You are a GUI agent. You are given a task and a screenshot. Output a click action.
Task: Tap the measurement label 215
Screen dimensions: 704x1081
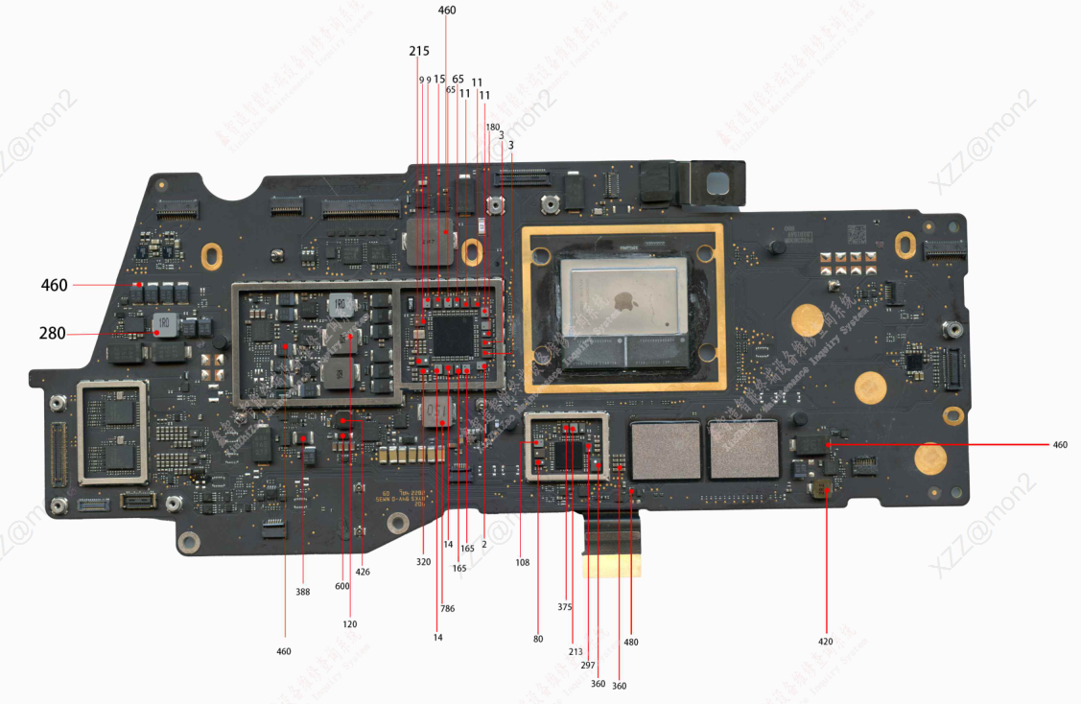tap(419, 50)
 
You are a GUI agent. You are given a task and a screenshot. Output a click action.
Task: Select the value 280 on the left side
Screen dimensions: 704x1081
tap(53, 333)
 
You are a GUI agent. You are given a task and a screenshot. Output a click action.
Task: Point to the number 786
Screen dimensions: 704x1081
tap(447, 608)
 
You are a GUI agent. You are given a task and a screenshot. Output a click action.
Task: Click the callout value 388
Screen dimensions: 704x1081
tap(302, 592)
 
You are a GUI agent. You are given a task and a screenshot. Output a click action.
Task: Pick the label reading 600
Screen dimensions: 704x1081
tap(342, 587)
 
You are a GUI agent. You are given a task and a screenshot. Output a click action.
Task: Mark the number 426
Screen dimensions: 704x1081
tap(363, 572)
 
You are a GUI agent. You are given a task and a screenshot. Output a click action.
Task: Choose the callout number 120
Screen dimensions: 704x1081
tap(349, 623)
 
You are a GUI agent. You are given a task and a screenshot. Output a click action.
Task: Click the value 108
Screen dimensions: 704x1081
tap(522, 562)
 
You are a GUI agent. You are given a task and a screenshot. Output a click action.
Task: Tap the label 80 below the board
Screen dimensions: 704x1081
tap(537, 638)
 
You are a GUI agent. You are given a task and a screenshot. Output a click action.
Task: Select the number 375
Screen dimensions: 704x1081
tap(564, 606)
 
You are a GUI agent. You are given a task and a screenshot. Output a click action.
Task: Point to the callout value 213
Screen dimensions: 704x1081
tap(576, 651)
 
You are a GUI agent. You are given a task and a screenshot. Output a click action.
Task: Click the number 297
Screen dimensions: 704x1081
tap(588, 665)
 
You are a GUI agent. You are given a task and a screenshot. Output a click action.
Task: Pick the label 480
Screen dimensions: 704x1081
tap(630, 642)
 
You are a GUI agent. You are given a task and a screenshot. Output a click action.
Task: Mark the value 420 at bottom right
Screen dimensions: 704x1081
tap(825, 641)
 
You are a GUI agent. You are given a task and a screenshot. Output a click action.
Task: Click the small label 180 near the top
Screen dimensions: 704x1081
tap(492, 127)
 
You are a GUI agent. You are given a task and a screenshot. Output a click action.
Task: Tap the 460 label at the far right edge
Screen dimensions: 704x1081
tap(1059, 444)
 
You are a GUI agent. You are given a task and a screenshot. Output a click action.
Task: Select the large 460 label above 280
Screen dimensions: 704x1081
tap(55, 285)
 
